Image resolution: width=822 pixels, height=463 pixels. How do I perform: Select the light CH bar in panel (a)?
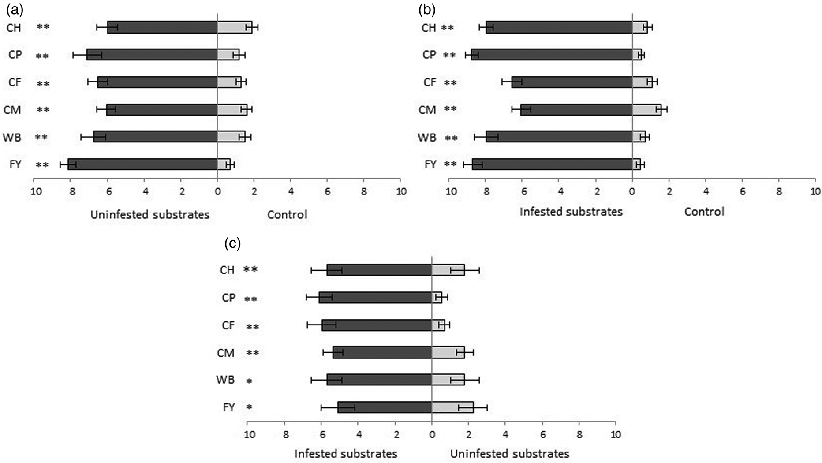(x=234, y=27)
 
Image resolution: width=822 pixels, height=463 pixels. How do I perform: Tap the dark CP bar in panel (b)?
(x=552, y=54)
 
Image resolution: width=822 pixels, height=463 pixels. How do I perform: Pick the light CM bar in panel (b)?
(x=646, y=109)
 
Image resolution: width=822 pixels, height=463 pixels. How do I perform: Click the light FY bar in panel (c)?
(x=452, y=407)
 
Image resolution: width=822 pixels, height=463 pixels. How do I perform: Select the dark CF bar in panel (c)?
(x=377, y=325)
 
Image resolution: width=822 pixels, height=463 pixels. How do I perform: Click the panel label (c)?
(x=232, y=243)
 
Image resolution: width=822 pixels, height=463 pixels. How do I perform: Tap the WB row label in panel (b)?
(x=427, y=138)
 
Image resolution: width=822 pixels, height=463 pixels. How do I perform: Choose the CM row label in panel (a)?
(x=12, y=110)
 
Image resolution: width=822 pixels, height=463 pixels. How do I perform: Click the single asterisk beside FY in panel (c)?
(x=249, y=407)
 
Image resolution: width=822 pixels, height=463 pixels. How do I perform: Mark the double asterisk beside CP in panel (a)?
(x=42, y=56)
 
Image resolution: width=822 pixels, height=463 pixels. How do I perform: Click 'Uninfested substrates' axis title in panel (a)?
(x=150, y=215)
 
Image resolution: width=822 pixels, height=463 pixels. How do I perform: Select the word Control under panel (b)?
(x=704, y=212)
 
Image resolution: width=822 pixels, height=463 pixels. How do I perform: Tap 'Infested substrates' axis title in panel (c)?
(x=346, y=454)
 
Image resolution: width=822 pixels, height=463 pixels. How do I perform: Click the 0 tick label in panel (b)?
(x=632, y=191)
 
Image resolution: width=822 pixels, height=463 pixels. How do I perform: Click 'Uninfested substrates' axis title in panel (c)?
(x=509, y=454)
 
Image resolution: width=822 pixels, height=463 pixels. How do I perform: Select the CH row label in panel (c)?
(x=227, y=270)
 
